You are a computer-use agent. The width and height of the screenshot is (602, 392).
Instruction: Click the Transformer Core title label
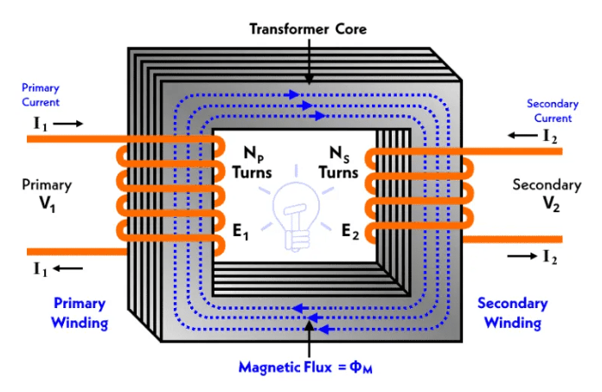(309, 29)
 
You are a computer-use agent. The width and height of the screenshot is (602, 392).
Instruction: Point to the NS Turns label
(343, 164)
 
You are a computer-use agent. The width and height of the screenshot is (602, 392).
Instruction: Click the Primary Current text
(42, 94)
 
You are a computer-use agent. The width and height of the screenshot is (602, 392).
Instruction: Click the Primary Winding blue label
(80, 313)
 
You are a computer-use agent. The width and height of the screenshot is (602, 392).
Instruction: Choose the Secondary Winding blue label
(512, 313)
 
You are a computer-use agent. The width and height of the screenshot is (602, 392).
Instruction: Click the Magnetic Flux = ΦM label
(307, 366)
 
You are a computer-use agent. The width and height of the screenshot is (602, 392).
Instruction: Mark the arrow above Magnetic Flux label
(308, 337)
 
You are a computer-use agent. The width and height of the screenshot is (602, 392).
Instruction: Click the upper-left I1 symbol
(40, 124)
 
